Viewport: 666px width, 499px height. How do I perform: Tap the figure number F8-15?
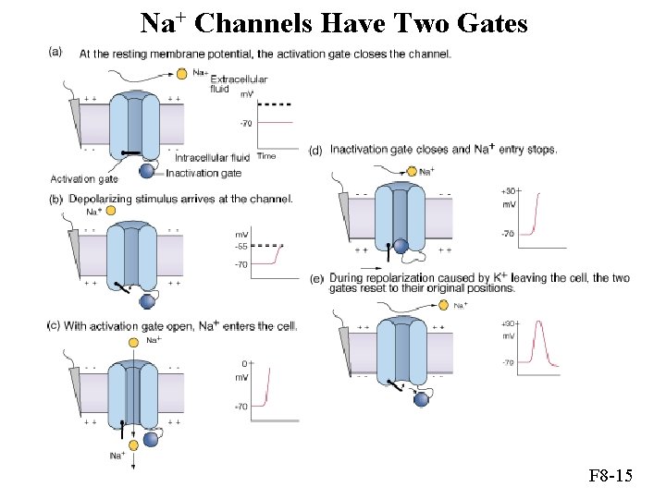pyautogui.click(x=610, y=477)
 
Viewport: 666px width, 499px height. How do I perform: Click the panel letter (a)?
pyautogui.click(x=55, y=52)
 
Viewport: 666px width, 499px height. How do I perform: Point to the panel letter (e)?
pyautogui.click(x=316, y=278)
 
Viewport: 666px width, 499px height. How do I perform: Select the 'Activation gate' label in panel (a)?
pyautogui.click(x=84, y=178)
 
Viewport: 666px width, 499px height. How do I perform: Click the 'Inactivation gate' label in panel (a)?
pyautogui.click(x=203, y=173)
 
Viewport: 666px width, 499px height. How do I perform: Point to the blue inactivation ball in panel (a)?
pyautogui.click(x=146, y=170)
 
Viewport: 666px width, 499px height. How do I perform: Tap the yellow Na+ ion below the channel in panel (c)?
pyautogui.click(x=133, y=444)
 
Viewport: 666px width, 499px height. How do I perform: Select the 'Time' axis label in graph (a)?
pyautogui.click(x=266, y=156)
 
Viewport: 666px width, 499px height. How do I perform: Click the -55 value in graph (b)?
pyautogui.click(x=241, y=246)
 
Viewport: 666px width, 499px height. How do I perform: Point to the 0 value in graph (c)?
pyautogui.click(x=243, y=364)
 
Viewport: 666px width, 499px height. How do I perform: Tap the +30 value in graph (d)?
pyautogui.click(x=509, y=191)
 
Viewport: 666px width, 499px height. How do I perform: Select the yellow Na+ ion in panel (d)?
pyautogui.click(x=412, y=171)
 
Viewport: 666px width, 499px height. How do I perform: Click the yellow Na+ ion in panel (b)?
pyautogui.click(x=110, y=212)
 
